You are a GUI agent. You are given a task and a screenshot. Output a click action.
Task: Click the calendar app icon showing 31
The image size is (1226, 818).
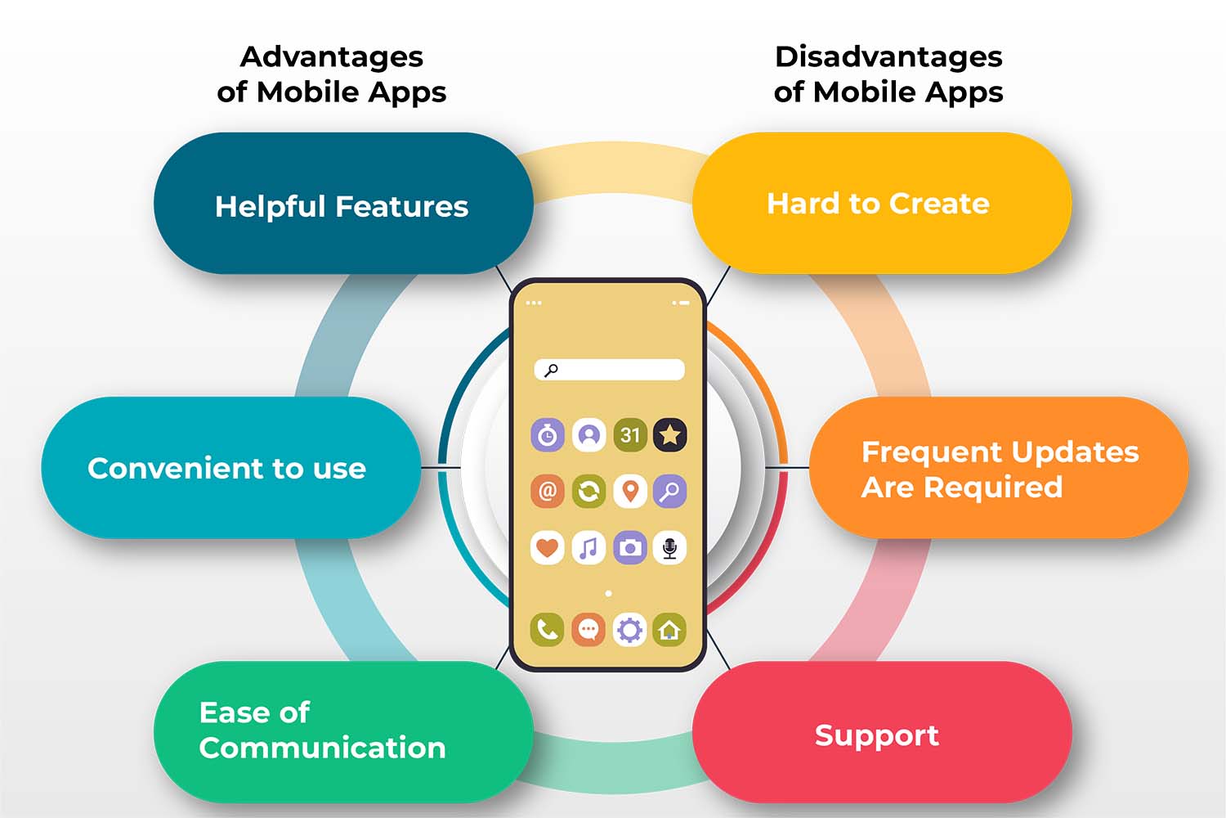tap(629, 435)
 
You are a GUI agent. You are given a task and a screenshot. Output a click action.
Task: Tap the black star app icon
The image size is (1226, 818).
tap(670, 435)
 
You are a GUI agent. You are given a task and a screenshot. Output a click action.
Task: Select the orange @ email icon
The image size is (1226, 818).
tap(548, 491)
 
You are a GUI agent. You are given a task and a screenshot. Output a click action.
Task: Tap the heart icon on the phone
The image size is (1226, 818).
tap(548, 547)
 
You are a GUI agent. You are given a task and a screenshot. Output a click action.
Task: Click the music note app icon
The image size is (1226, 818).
tap(588, 547)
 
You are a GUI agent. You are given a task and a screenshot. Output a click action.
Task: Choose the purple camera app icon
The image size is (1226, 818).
tap(629, 547)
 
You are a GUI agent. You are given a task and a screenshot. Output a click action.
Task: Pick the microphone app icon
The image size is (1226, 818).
tap(670, 547)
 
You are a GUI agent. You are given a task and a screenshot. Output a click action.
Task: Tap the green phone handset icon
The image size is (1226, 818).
tap(548, 630)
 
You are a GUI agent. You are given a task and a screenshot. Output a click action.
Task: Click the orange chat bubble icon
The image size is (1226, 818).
tap(588, 630)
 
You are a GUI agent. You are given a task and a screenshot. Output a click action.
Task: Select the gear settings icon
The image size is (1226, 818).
tap(629, 630)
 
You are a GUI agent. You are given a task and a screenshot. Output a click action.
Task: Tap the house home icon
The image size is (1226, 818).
tap(670, 630)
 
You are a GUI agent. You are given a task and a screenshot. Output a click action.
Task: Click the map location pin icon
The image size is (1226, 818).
tap(629, 491)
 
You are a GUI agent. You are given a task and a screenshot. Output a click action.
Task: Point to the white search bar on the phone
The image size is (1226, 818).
tap(609, 370)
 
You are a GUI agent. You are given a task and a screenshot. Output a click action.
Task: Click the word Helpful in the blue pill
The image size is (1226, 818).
tap(271, 207)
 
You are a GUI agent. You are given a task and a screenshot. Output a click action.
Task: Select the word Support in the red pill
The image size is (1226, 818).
tap(877, 736)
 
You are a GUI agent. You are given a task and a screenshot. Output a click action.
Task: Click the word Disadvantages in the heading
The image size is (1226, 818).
tap(889, 57)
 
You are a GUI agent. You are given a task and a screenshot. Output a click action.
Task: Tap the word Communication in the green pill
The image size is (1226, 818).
tap(322, 748)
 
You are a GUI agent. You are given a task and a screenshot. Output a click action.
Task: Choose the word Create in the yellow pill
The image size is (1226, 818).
tap(939, 204)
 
